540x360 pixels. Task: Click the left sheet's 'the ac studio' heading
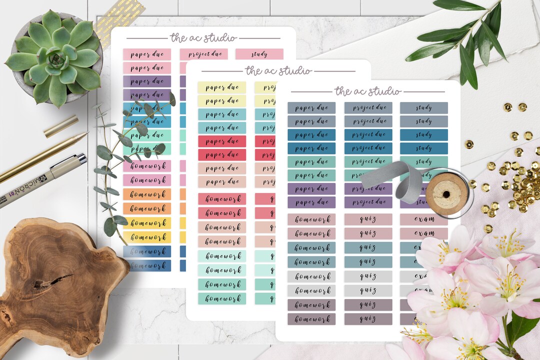click(203, 38)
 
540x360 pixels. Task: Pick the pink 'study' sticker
click(259, 54)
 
